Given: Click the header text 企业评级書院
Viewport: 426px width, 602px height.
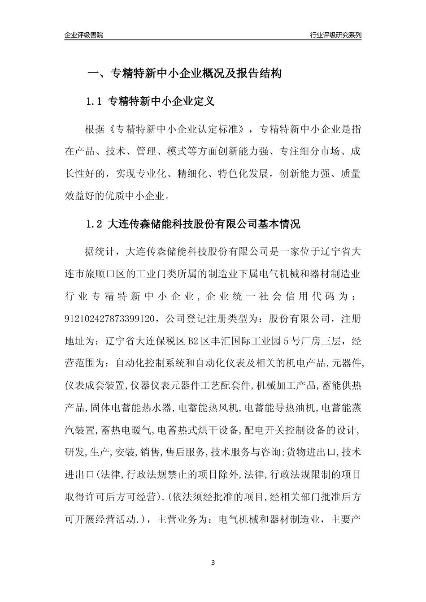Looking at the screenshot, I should coord(83,35).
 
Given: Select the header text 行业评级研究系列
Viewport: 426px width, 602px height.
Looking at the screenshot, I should coord(335,35).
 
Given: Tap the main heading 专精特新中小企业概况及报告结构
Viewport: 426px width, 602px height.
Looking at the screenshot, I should coord(196,73).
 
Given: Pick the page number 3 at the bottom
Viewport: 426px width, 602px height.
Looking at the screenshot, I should coord(213,563).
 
